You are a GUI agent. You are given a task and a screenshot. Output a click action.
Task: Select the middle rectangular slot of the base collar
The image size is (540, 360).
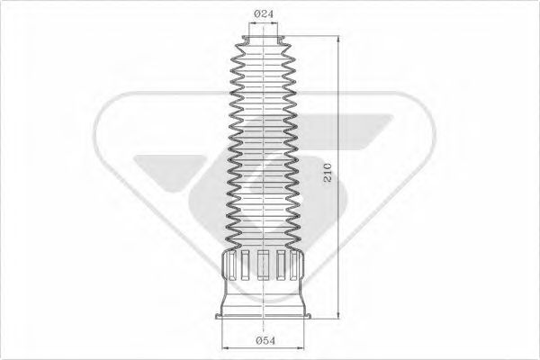pos(263,265)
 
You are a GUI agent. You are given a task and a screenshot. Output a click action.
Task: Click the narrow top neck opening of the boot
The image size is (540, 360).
pos(264,40)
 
